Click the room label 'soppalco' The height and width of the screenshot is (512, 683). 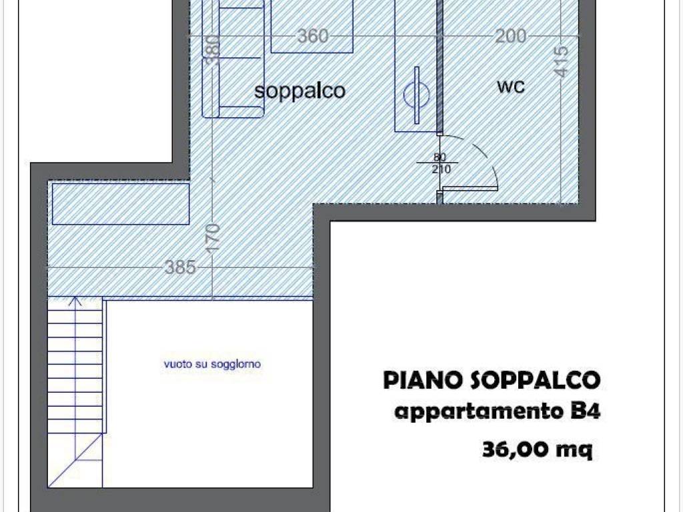pyautogui.click(x=299, y=91)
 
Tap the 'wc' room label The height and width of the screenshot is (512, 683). pyautogui.click(x=511, y=86)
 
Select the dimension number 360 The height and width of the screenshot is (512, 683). pyautogui.click(x=313, y=36)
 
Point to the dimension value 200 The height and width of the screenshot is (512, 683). pyautogui.click(x=511, y=36)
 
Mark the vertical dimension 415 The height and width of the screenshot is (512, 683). pyautogui.click(x=562, y=61)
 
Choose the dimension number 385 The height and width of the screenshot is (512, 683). pyautogui.click(x=180, y=267)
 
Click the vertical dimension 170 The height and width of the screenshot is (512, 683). pyautogui.click(x=213, y=238)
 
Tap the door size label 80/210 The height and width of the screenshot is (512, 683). pyautogui.click(x=441, y=163)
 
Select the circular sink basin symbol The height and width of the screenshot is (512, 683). pyautogui.click(x=416, y=95)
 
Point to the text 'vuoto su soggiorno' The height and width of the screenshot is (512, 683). pyautogui.click(x=212, y=364)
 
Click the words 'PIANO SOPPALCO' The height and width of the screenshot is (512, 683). pyautogui.click(x=492, y=380)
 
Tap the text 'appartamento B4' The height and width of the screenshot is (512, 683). pyautogui.click(x=497, y=411)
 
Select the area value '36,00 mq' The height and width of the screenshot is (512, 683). pyautogui.click(x=538, y=449)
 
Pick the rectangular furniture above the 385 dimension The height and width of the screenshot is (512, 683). pyautogui.click(x=121, y=204)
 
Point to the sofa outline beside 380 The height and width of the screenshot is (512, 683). pyautogui.click(x=233, y=59)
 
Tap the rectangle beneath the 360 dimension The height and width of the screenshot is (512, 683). pyautogui.click(x=312, y=26)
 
